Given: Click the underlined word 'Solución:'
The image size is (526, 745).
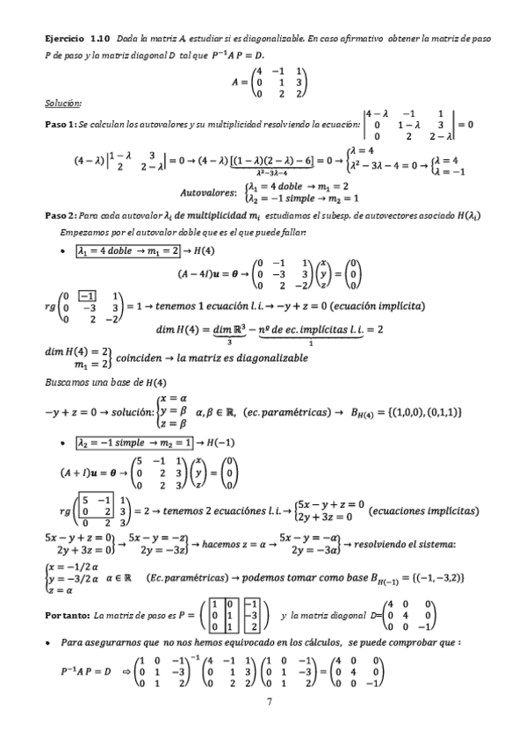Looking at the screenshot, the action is tap(62, 103).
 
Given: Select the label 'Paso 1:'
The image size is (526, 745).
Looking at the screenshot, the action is tap(60, 124).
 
